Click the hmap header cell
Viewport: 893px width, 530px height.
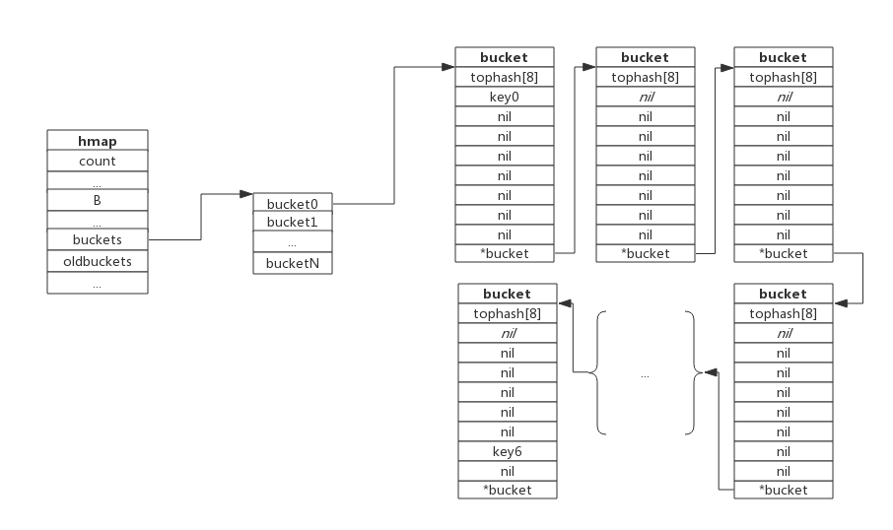(x=98, y=141)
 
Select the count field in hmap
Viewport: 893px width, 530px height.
(x=98, y=161)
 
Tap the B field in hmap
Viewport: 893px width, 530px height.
(x=98, y=200)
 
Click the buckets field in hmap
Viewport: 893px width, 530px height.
(x=98, y=239)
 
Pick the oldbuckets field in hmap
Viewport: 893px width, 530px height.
(x=98, y=261)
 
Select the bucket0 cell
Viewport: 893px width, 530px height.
(x=293, y=203)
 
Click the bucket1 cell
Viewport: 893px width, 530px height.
(x=293, y=222)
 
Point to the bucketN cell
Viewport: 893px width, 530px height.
(x=293, y=263)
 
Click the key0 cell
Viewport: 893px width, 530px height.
(x=505, y=97)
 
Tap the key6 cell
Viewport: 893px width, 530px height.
(x=507, y=450)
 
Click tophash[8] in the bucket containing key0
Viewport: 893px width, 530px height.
(x=505, y=77)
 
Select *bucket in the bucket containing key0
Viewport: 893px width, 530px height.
(x=505, y=253)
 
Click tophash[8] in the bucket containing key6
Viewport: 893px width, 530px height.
(x=507, y=313)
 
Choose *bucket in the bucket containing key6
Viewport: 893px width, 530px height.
(x=507, y=490)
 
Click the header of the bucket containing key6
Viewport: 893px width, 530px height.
(x=507, y=294)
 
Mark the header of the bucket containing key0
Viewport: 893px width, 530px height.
(x=505, y=57)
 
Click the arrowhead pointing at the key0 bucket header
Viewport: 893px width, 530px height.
(x=450, y=67)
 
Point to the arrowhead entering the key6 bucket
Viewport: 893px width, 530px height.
(x=562, y=303)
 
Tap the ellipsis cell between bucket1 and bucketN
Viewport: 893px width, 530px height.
(x=293, y=242)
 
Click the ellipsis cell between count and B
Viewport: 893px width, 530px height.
(x=98, y=181)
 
